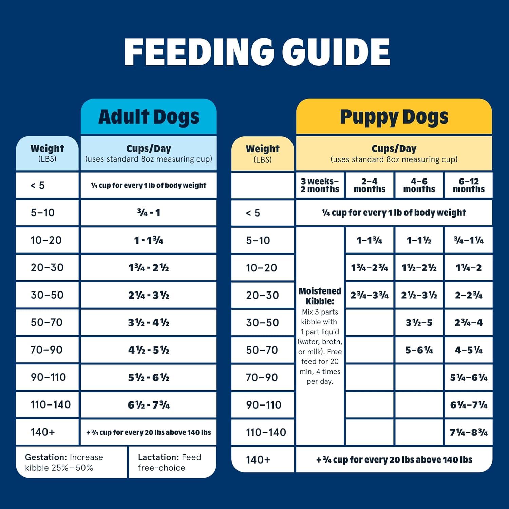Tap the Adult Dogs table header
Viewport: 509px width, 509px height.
[x=149, y=117]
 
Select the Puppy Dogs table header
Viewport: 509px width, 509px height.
[x=394, y=117]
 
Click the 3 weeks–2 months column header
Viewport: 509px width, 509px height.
[x=320, y=185]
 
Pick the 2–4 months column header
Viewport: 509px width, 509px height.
[x=370, y=185]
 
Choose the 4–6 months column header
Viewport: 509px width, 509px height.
[x=419, y=185]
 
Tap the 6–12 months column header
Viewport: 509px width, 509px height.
[x=469, y=185]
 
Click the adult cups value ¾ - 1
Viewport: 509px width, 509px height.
[x=149, y=213]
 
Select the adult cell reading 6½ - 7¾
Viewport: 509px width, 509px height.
[x=149, y=405]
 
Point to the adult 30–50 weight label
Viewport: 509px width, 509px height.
[x=47, y=295]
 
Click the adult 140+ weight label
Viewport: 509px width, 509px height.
[x=43, y=432]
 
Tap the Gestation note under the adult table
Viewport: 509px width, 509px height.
[x=64, y=462]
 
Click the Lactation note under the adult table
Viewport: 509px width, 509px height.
[x=170, y=462]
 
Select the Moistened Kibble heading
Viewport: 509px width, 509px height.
[x=320, y=296]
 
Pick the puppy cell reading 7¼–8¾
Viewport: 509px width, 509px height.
[x=469, y=432]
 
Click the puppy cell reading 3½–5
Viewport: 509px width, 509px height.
[x=419, y=322]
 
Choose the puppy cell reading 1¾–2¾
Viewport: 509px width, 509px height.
[x=370, y=268]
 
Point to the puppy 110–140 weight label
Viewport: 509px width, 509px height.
[x=266, y=432]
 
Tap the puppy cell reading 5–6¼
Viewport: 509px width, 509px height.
[x=419, y=350]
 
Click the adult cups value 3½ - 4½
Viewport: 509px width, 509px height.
[x=149, y=322]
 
